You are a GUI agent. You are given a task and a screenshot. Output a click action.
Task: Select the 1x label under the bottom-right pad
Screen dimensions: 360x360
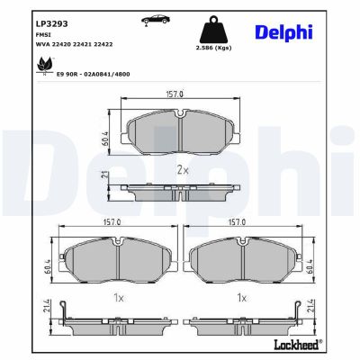240,296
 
